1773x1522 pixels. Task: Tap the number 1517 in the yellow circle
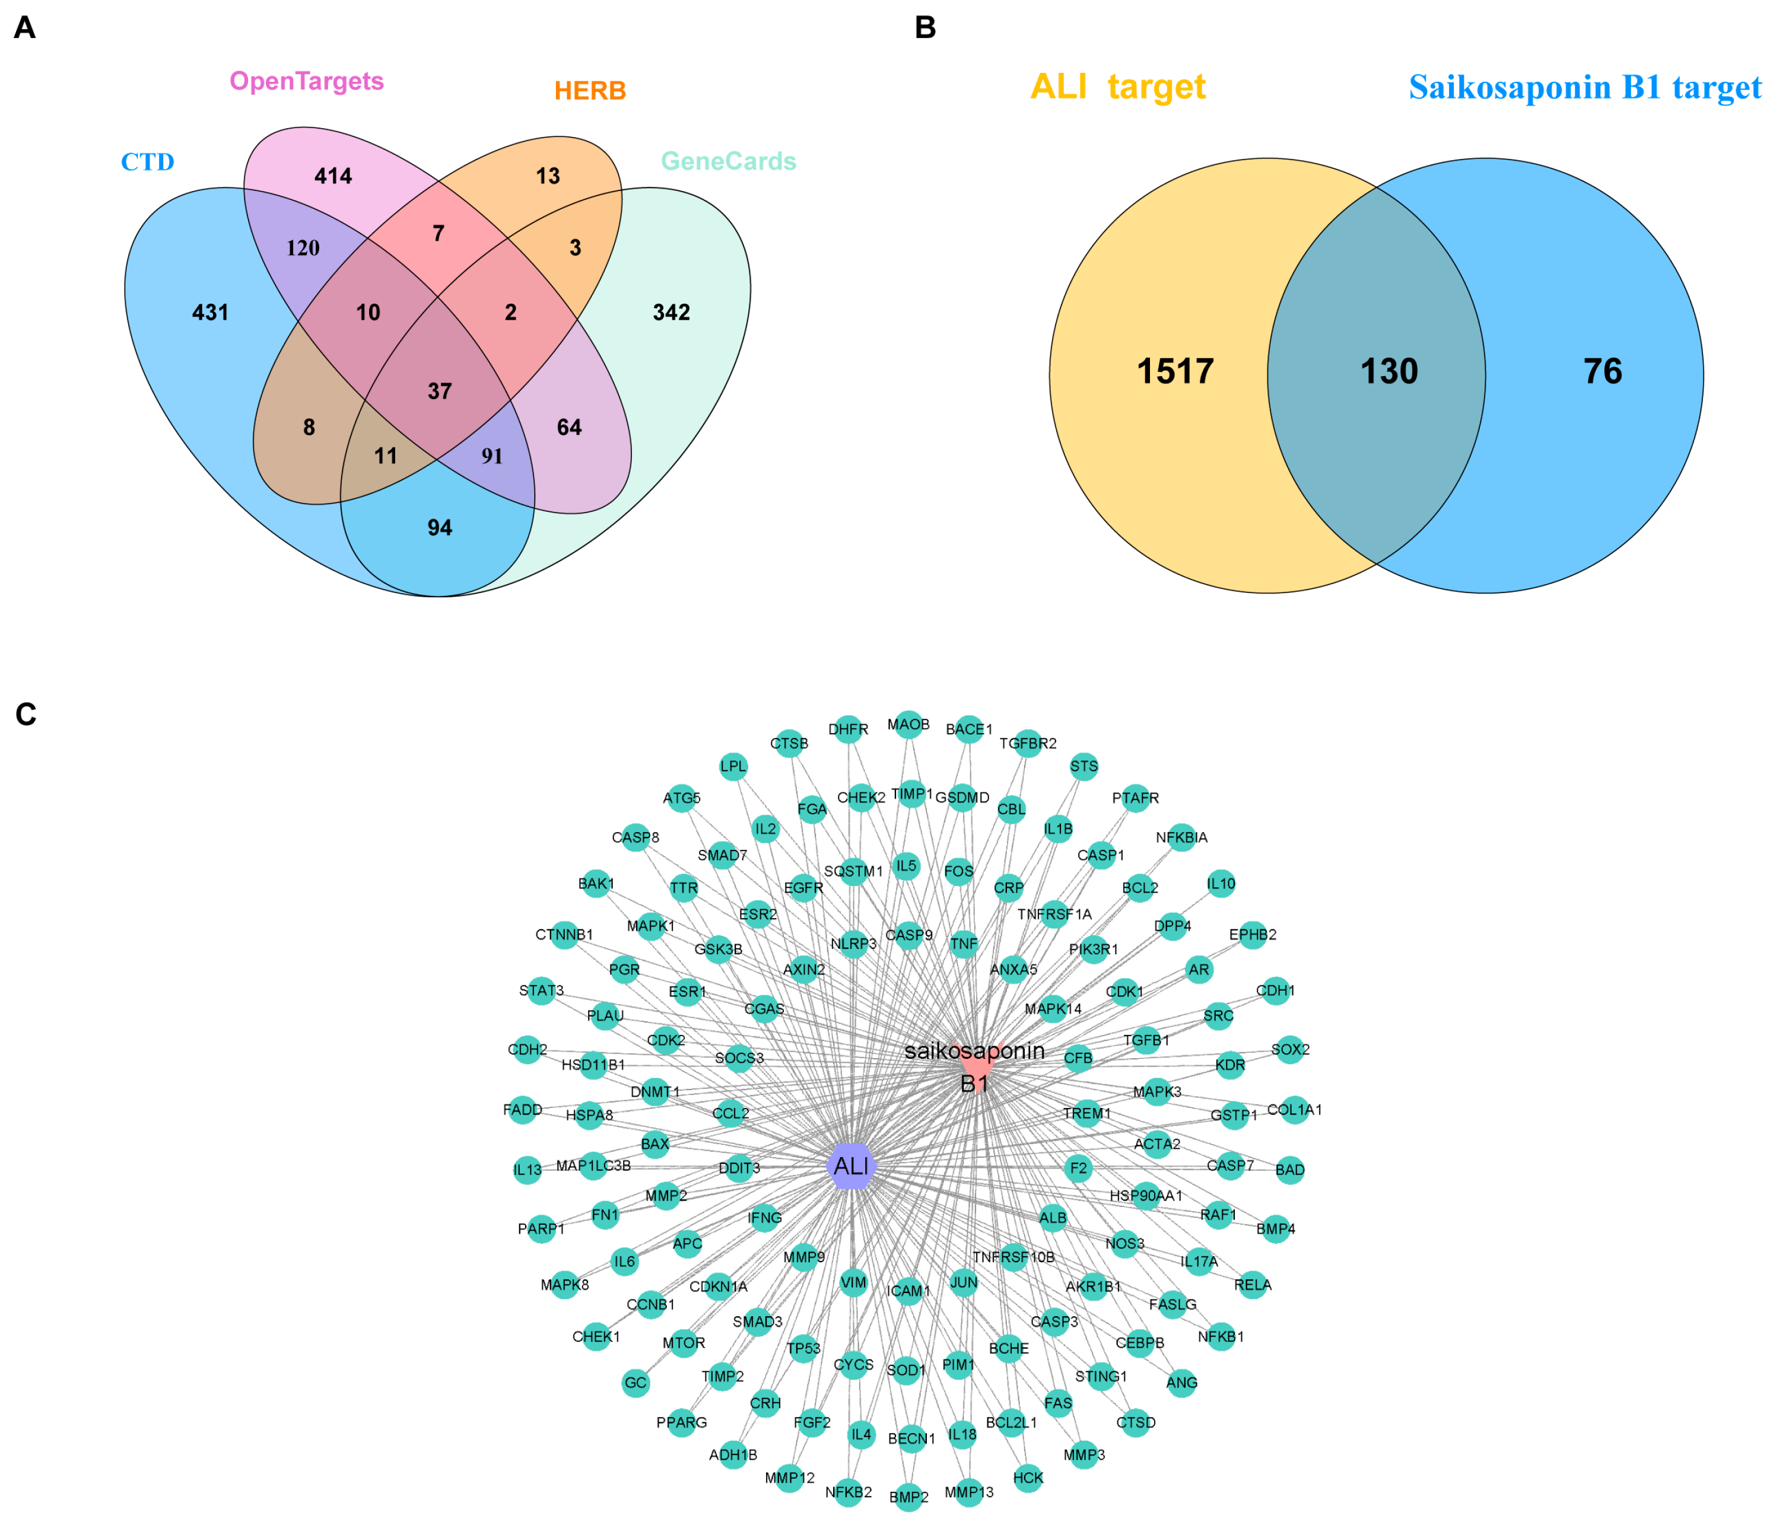tap(1175, 371)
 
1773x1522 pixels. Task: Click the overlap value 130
tap(1389, 371)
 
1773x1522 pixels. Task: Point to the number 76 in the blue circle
tap(1602, 371)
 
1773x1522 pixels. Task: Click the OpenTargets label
tap(306, 81)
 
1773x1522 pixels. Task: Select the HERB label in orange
tap(590, 91)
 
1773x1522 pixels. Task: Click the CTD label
tap(147, 162)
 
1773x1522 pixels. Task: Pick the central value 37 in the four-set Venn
tap(440, 391)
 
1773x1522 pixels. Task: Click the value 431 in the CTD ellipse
tap(211, 312)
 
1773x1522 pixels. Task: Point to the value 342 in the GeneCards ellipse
tap(671, 312)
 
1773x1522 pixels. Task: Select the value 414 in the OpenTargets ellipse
tap(333, 176)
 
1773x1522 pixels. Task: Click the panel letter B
tap(925, 28)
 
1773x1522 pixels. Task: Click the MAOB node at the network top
tap(908, 725)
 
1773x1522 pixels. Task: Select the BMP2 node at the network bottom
tap(908, 1497)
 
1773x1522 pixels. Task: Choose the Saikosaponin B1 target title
tap(1585, 87)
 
